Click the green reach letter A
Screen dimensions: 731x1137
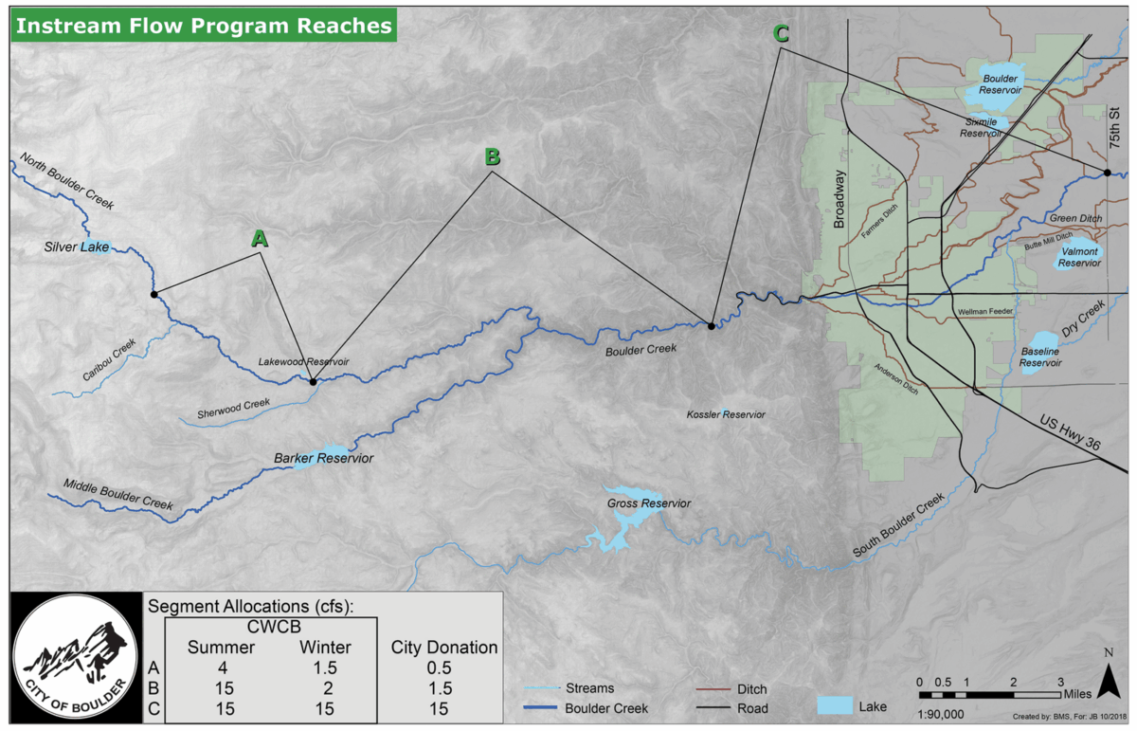point(259,239)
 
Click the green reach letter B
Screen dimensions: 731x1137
point(492,156)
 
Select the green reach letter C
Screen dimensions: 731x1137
point(781,34)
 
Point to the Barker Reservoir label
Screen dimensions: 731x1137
point(323,459)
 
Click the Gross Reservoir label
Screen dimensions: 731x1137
point(649,503)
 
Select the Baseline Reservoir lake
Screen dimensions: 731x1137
point(1040,345)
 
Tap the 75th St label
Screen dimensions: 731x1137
point(1114,126)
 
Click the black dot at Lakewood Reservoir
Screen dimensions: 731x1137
point(313,382)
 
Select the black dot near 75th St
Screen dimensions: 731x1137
point(1106,173)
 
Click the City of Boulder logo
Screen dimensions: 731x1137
point(73,657)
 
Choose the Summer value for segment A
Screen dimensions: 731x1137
point(220,667)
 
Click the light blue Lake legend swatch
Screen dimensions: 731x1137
point(833,705)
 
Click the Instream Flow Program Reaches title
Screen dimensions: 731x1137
point(204,26)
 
